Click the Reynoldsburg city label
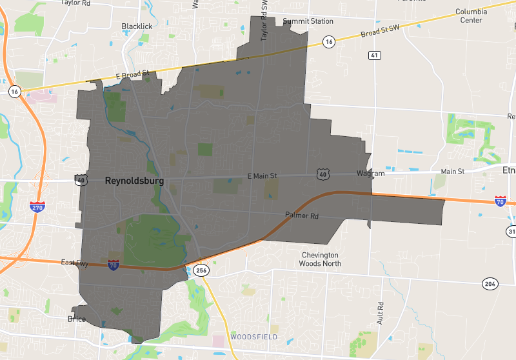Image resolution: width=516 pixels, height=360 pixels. [134, 182]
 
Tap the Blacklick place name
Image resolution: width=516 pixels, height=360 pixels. [137, 26]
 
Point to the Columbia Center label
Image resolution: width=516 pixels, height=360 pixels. [471, 15]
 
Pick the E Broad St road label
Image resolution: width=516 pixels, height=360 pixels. [132, 75]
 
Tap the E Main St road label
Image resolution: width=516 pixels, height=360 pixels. [262, 175]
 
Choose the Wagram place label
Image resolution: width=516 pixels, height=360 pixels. [370, 174]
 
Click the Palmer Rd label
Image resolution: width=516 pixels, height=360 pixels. [302, 215]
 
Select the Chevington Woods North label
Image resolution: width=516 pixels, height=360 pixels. [321, 259]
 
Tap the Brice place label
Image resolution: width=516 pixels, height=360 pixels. [76, 319]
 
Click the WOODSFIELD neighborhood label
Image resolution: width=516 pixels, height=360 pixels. [254, 337]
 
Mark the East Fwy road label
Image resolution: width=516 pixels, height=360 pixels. [75, 263]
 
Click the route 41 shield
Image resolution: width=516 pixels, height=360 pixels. [375, 56]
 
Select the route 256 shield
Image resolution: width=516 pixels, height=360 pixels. [201, 271]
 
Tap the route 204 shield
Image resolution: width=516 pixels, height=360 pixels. [490, 284]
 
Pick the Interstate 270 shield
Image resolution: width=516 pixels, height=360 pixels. [37, 206]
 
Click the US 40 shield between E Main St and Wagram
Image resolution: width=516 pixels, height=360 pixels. [323, 174]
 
